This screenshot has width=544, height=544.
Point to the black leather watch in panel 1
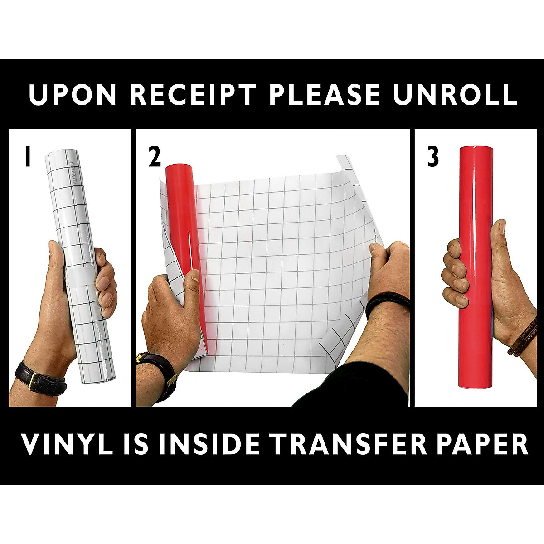41,376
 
